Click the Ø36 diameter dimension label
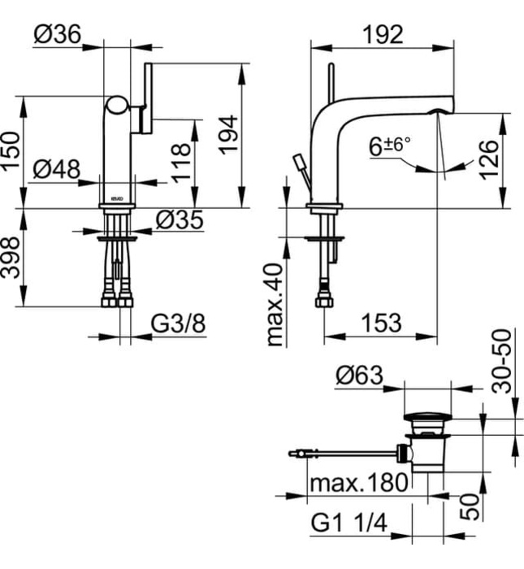pos(56,34)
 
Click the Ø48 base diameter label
pos(57,169)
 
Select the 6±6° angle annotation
pos(390,146)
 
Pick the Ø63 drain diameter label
pos(357,375)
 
